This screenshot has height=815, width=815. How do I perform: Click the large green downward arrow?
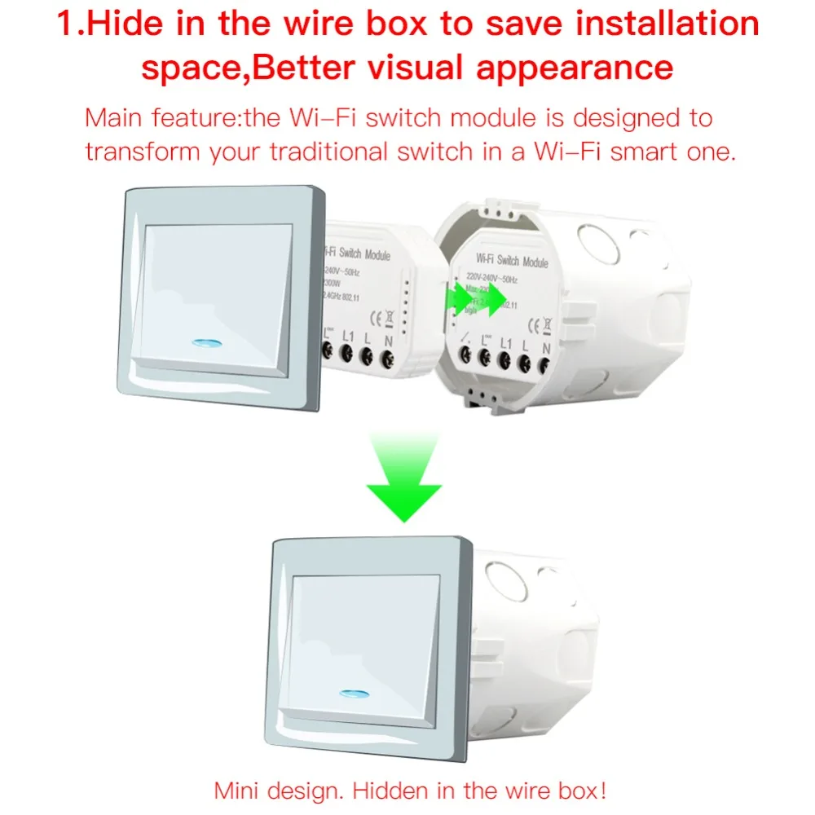(403, 481)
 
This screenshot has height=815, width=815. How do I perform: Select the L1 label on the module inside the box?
(505, 343)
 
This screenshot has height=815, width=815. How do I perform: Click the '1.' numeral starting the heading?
(71, 24)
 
